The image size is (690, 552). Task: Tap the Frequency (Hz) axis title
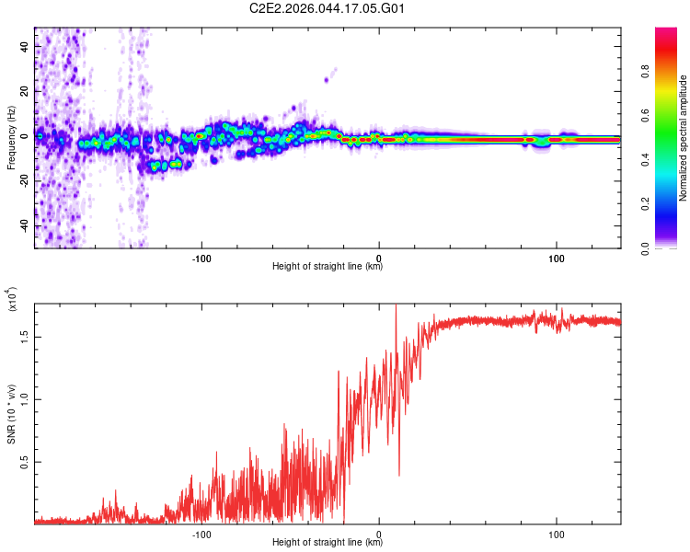tap(11, 138)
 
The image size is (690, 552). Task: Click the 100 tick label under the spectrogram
tap(557, 257)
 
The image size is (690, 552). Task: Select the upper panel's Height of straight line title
tap(328, 267)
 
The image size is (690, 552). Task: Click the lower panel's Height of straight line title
tap(328, 543)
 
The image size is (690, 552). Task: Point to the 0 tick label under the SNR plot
tap(379, 533)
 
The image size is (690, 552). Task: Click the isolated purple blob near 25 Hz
tap(327, 80)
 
